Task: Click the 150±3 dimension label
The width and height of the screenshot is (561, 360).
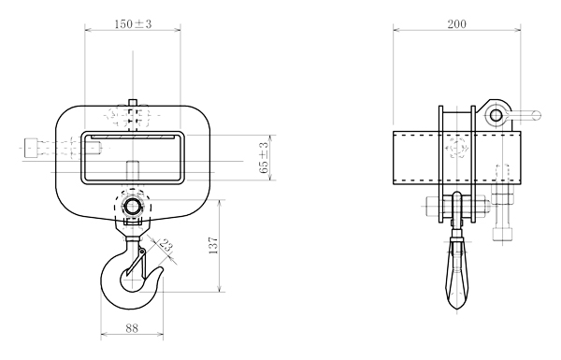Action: [133, 24]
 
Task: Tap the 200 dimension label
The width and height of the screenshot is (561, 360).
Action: [457, 24]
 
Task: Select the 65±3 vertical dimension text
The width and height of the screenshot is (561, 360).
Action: [264, 157]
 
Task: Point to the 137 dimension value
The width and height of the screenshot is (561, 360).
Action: [213, 245]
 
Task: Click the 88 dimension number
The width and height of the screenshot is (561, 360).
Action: [132, 328]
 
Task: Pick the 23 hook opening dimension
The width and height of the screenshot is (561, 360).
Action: [166, 246]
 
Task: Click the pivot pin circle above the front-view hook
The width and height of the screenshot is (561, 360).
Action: [133, 207]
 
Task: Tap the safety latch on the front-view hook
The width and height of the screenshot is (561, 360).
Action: [137, 262]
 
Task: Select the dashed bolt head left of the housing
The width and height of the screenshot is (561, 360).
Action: [31, 148]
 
